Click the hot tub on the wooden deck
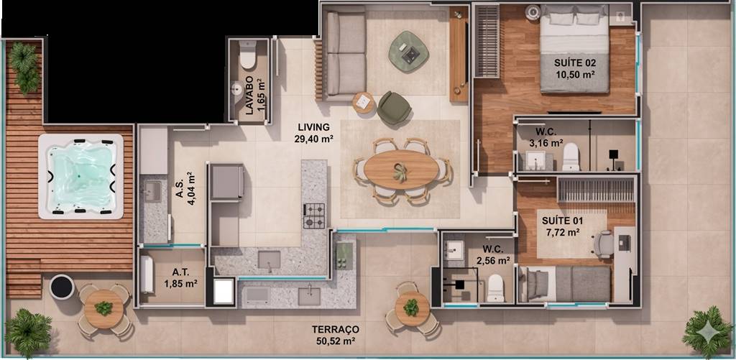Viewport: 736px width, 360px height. pos(80,177)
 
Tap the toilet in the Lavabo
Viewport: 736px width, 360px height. pos(247,55)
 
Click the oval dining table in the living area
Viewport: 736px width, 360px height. pos(401,170)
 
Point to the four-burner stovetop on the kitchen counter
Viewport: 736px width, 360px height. pos(314,216)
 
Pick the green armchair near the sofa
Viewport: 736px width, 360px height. pos(394,108)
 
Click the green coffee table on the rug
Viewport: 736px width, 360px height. pos(408,51)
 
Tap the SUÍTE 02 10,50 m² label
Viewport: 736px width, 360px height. pos(574,68)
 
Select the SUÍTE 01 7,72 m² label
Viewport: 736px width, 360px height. pos(561,226)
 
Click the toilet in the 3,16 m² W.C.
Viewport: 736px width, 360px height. pos(571,157)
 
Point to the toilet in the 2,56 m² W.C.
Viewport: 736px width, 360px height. pos(495,287)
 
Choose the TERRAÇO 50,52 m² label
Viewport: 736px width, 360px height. pos(335,335)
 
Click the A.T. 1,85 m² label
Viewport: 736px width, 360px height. pos(180,278)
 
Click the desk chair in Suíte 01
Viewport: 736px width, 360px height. pos(604,244)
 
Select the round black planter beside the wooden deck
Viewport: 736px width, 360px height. pos(62,287)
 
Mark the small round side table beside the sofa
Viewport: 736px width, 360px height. pos(364,103)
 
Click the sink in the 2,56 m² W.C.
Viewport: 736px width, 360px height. pos(454,250)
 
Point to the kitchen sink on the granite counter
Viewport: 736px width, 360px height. pos(269,260)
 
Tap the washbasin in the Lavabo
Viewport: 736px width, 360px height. pos(237,89)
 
